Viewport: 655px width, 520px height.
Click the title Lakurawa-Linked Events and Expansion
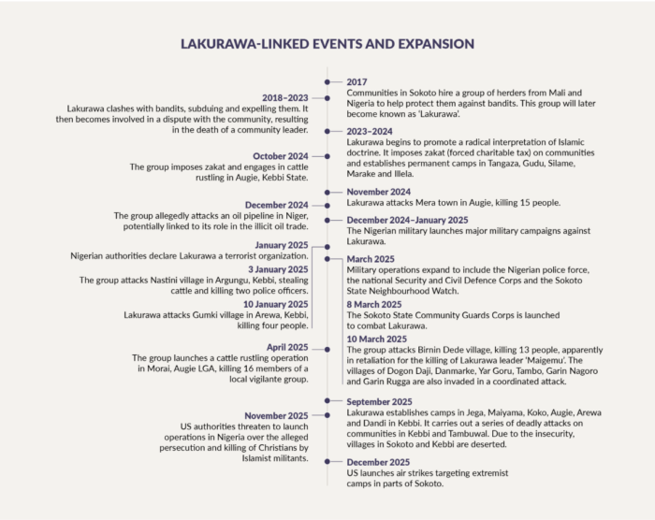(x=327, y=43)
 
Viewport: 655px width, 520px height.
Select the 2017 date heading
(x=357, y=82)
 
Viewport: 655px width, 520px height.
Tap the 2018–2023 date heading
(x=284, y=97)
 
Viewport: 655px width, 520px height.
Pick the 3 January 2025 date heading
(x=277, y=269)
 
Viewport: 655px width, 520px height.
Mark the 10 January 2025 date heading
(x=274, y=304)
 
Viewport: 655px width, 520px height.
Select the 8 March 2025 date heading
(x=376, y=304)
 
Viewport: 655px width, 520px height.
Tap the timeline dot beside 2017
(x=327, y=82)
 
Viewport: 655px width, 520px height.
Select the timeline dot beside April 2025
(x=327, y=346)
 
